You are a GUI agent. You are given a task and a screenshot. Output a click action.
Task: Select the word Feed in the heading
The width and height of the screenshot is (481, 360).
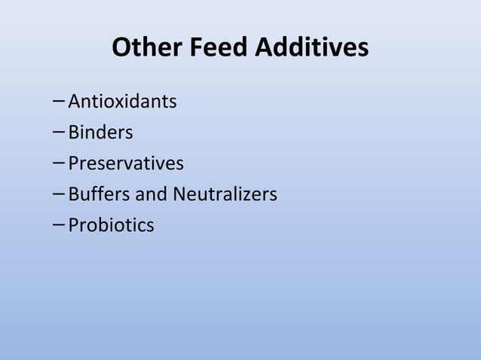click(x=219, y=48)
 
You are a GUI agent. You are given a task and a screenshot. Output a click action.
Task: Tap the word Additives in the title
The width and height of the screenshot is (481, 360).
click(x=311, y=48)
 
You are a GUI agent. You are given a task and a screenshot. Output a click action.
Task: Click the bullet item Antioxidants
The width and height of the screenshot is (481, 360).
click(x=122, y=101)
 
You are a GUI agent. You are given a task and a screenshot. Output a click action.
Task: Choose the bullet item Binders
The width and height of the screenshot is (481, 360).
click(x=100, y=133)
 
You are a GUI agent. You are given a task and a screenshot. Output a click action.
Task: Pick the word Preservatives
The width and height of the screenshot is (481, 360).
click(x=126, y=163)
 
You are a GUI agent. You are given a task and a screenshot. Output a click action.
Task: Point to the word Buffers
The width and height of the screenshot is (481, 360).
click(x=99, y=194)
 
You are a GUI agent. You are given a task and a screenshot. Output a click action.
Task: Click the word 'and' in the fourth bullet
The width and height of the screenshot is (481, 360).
click(x=151, y=194)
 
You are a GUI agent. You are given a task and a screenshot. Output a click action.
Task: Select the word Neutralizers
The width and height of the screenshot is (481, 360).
click(x=225, y=194)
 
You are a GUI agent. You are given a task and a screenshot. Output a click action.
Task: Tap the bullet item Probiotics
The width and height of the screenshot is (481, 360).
click(x=111, y=225)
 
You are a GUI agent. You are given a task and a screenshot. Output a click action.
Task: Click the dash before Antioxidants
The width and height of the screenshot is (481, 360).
click(x=60, y=101)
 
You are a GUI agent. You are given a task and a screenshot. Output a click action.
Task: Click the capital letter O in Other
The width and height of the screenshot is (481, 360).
click(x=121, y=48)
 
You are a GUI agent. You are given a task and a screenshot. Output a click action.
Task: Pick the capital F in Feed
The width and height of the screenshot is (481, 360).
click(x=197, y=48)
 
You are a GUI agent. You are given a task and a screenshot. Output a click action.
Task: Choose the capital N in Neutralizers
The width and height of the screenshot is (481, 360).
click(x=179, y=194)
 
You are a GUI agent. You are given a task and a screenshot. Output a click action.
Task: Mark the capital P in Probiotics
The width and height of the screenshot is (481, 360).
click(x=73, y=225)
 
